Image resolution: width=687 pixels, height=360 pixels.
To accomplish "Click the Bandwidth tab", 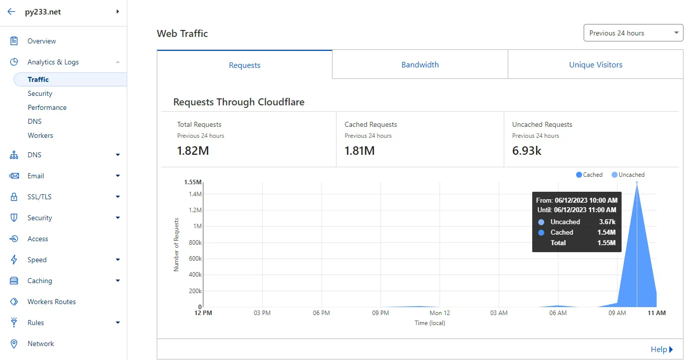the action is pyautogui.click(x=420, y=65).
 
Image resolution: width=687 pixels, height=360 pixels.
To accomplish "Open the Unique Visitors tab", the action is pyautogui.click(x=596, y=65).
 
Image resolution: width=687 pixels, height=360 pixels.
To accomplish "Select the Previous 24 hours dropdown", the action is pyautogui.click(x=633, y=33).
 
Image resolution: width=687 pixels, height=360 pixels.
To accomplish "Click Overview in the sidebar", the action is pyautogui.click(x=42, y=41).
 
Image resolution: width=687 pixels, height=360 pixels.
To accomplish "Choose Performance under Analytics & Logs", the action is pyautogui.click(x=47, y=107).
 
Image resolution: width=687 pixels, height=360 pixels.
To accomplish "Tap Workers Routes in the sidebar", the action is pyautogui.click(x=51, y=302).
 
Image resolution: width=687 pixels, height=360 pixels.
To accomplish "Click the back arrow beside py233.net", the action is pyautogui.click(x=11, y=11).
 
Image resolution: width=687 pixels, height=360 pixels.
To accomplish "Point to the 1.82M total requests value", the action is pyautogui.click(x=193, y=151).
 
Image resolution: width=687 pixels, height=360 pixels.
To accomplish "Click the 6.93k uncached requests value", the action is pyautogui.click(x=527, y=151).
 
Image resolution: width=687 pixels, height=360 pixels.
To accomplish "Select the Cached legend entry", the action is pyautogui.click(x=589, y=175).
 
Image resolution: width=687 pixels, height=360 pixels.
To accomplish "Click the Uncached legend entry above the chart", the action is pyautogui.click(x=628, y=175).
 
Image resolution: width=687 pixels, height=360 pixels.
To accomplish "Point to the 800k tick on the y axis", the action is pyautogui.click(x=195, y=243).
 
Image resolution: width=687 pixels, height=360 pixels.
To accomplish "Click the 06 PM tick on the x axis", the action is pyautogui.click(x=321, y=313).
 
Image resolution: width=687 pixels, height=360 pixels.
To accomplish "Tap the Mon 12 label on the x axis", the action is pyautogui.click(x=439, y=313).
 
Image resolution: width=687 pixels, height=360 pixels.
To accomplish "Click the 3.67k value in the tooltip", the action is pyautogui.click(x=607, y=222).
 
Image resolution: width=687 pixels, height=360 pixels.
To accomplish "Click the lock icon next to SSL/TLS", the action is pyautogui.click(x=14, y=197).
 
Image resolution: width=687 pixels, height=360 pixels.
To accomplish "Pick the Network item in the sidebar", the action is pyautogui.click(x=41, y=344).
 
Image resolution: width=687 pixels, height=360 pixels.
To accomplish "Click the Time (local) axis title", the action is pyautogui.click(x=430, y=323).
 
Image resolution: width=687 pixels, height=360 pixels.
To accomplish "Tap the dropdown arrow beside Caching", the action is pyautogui.click(x=118, y=281).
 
